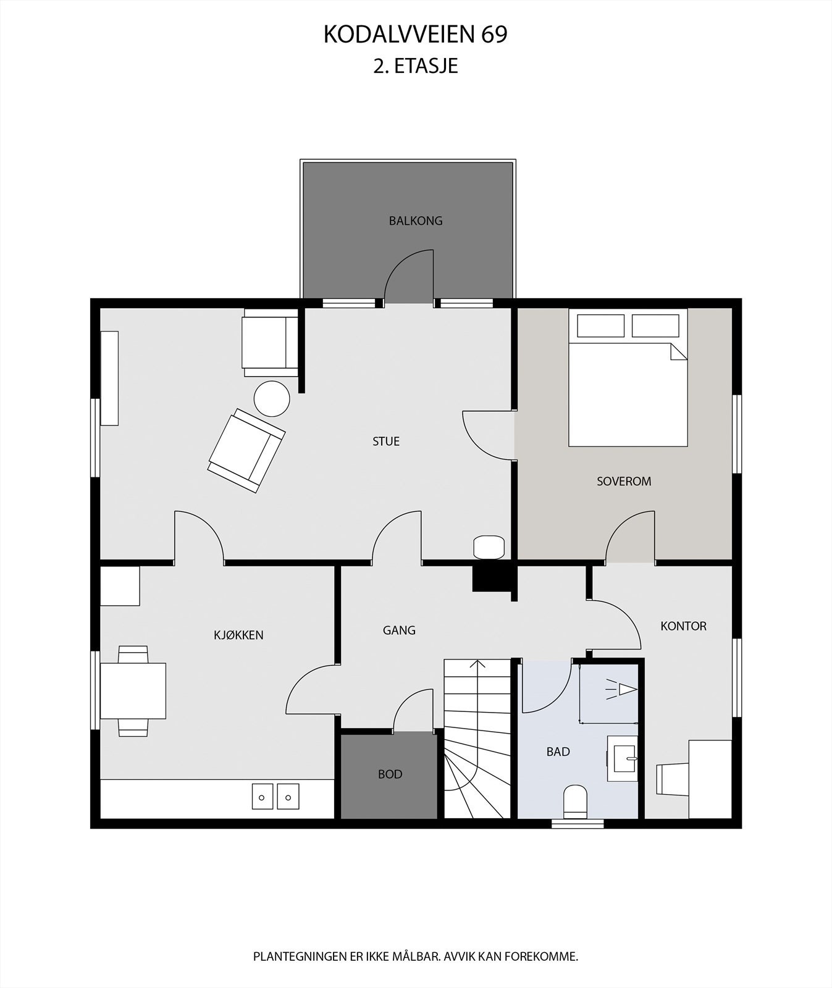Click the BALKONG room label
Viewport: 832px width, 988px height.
pyautogui.click(x=416, y=220)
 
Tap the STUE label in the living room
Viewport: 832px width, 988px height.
pyautogui.click(x=386, y=441)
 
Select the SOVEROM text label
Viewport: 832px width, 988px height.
pyautogui.click(x=624, y=481)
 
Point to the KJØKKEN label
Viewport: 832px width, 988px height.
pyautogui.click(x=238, y=635)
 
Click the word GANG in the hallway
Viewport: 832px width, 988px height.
pyautogui.click(x=399, y=630)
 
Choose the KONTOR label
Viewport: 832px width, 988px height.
pyautogui.click(x=683, y=626)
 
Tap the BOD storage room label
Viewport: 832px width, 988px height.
pyautogui.click(x=390, y=774)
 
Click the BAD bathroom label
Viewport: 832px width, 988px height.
pyautogui.click(x=558, y=751)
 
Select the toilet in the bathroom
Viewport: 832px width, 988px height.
pyautogui.click(x=575, y=801)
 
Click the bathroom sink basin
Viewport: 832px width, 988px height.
pyautogui.click(x=623, y=758)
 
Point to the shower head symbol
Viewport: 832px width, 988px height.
pyautogui.click(x=622, y=689)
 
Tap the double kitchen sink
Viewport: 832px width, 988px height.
pyautogui.click(x=275, y=796)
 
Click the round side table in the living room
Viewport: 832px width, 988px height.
pyautogui.click(x=272, y=399)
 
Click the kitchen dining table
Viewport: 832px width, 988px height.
pyautogui.click(x=133, y=690)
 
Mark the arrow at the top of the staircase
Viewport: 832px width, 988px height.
pyautogui.click(x=477, y=666)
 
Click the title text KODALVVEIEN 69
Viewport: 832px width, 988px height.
pyautogui.click(x=415, y=35)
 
